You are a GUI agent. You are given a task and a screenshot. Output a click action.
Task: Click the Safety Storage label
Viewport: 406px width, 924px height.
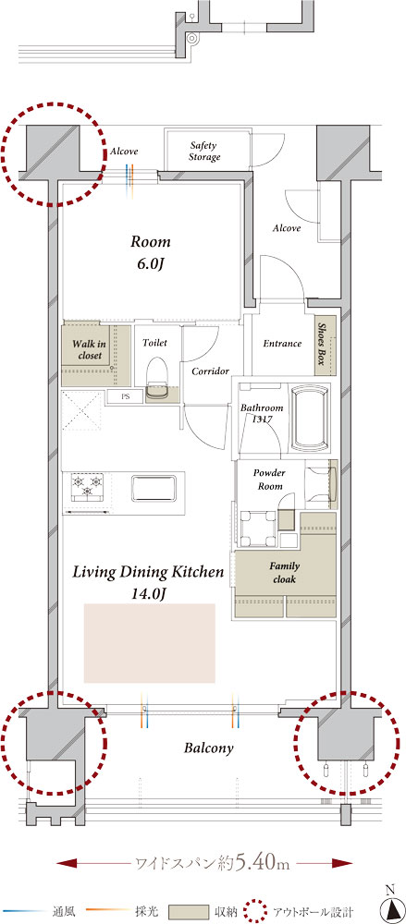pos(204,152)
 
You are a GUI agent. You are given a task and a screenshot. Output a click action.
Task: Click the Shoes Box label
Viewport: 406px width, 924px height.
pos(322,344)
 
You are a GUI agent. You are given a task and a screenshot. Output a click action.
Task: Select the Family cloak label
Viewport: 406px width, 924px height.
pos(285,572)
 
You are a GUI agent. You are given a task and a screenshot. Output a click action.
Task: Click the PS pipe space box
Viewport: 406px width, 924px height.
pos(125,396)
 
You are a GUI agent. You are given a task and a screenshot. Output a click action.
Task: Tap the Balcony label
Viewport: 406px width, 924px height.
pos(208,748)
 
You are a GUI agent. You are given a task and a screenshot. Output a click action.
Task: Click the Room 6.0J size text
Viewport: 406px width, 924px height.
pos(150,264)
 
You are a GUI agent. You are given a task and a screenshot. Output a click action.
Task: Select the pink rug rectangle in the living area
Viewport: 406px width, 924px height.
pos(149,643)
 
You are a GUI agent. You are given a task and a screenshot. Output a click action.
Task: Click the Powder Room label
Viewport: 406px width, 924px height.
pos(269,480)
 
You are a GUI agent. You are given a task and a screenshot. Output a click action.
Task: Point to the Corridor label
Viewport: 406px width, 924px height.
pos(210,371)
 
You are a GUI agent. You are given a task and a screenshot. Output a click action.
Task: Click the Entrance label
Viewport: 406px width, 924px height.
pos(282,344)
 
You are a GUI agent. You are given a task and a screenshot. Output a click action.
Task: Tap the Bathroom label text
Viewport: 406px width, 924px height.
pos(262,407)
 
